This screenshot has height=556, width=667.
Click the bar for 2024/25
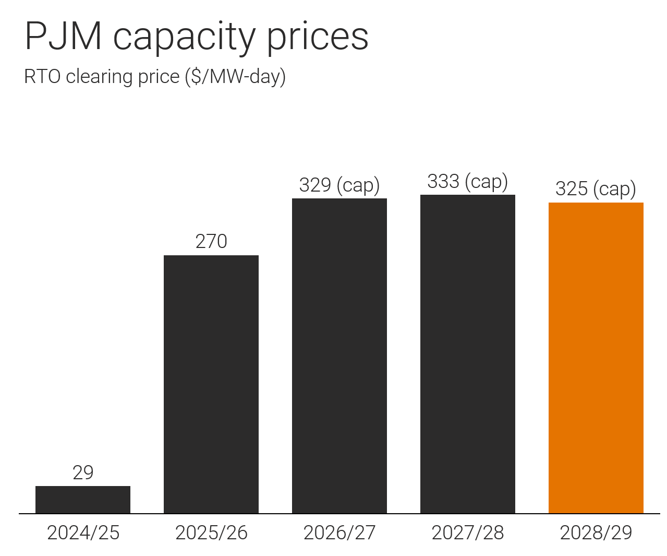[x=83, y=500]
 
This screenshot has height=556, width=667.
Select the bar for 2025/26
[x=211, y=384]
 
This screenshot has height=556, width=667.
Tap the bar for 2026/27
[x=339, y=356]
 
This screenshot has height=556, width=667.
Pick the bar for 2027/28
[x=468, y=354]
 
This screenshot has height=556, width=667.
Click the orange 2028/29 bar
[x=596, y=358]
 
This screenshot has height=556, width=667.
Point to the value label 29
[x=83, y=472]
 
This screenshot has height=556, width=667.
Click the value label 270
[x=211, y=241]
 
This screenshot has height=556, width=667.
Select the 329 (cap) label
[x=339, y=185]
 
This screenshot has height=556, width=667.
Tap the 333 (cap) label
[x=468, y=181]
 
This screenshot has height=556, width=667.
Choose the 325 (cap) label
[x=596, y=189]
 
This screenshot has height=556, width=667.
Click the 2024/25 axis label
[x=83, y=533]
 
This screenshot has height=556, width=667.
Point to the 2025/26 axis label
[x=211, y=533]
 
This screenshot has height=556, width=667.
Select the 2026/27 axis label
[x=339, y=533]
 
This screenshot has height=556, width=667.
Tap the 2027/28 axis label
[x=468, y=533]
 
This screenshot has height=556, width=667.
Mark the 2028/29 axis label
[x=596, y=533]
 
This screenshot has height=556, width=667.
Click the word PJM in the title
[x=63, y=36]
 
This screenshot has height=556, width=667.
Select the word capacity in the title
[x=184, y=39]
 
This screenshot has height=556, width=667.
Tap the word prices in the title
[x=318, y=39]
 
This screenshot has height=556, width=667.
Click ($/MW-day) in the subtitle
[x=235, y=77]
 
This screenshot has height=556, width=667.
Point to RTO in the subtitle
[x=42, y=76]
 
